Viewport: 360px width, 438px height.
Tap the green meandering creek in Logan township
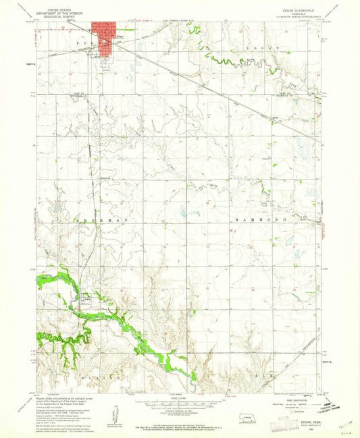(230, 63)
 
